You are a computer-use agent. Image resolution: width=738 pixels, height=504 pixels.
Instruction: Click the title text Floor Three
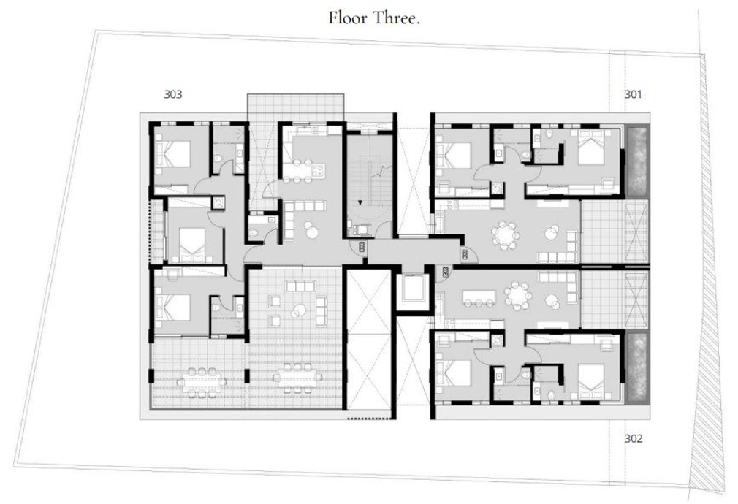coord(373,18)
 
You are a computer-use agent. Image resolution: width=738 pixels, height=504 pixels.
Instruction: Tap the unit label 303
coord(172,94)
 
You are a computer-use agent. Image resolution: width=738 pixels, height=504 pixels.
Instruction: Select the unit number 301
coord(633,94)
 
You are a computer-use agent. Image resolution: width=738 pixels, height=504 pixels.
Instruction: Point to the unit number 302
coord(633,438)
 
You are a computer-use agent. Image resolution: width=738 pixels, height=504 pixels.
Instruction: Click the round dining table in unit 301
coord(504,234)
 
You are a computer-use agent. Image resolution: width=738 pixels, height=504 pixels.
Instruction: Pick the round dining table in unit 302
coord(517,296)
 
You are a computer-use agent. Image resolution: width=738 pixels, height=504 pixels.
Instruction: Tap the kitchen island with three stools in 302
coord(479,297)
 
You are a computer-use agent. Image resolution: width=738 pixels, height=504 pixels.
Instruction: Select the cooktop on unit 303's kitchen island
coord(318,170)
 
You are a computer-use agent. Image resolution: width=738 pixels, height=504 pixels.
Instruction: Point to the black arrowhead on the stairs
coord(360,203)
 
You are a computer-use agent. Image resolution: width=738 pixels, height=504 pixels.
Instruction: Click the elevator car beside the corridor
coord(414,289)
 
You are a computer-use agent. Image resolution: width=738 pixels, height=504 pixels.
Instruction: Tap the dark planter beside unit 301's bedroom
coord(637,161)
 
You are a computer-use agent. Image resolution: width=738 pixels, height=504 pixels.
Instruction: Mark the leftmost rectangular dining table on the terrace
coord(202,381)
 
